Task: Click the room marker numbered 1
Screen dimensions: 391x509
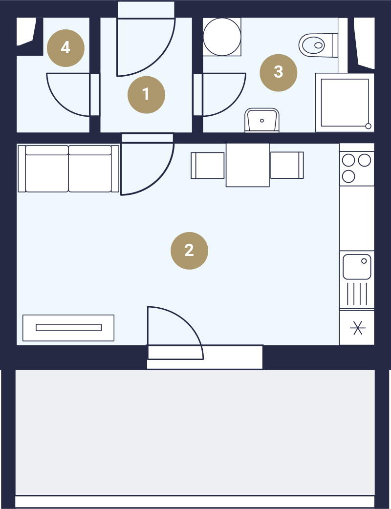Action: pos(146,95)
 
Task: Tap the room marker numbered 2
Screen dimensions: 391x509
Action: pos(189,251)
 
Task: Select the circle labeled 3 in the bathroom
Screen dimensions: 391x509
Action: pos(278,72)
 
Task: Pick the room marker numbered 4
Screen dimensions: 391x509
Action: pos(65,48)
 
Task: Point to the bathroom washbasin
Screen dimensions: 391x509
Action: pos(262,120)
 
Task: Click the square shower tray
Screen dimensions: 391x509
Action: pos(345,103)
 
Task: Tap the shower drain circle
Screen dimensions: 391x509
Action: pos(368,126)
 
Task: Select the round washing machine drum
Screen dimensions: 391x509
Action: pos(222,37)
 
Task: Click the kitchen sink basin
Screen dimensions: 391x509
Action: pos(357,267)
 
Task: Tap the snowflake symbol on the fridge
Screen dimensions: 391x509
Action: pos(358,328)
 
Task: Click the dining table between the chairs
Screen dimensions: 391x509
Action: pos(247,165)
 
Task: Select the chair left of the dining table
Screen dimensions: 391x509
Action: pos(208,166)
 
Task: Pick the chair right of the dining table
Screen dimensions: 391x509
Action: pos(287,165)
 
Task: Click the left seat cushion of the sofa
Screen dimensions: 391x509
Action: pos(47,169)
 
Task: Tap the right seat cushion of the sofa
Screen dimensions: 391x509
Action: pos(90,169)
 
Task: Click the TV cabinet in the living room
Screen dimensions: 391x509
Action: pos(68,328)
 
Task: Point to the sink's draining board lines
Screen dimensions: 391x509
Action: pos(357,294)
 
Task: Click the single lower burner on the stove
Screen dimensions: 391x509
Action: pos(348,177)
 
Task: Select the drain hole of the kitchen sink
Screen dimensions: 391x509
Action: pos(364,261)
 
